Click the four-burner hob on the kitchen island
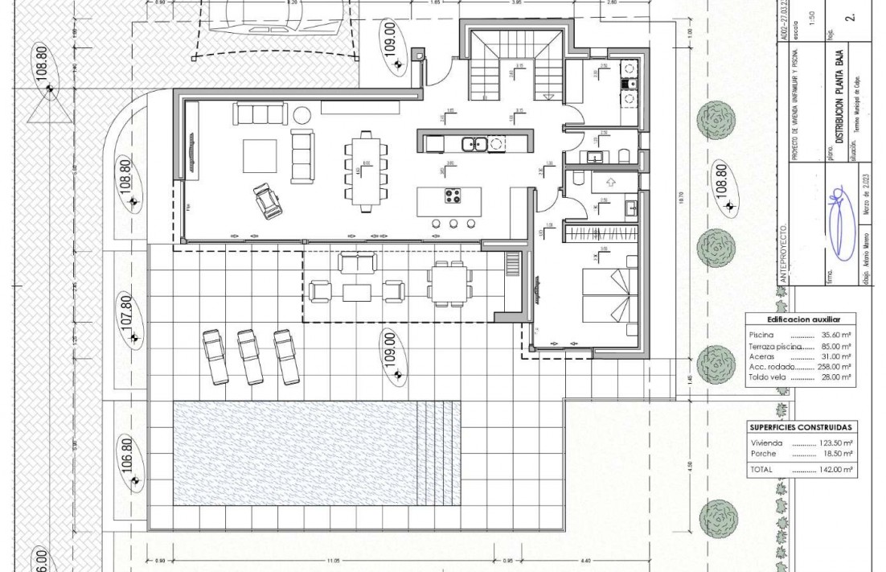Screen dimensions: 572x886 [453, 195]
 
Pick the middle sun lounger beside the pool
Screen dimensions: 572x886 [250, 355]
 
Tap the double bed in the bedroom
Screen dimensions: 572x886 [605, 295]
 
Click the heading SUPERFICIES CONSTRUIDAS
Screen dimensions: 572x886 [800, 428]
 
